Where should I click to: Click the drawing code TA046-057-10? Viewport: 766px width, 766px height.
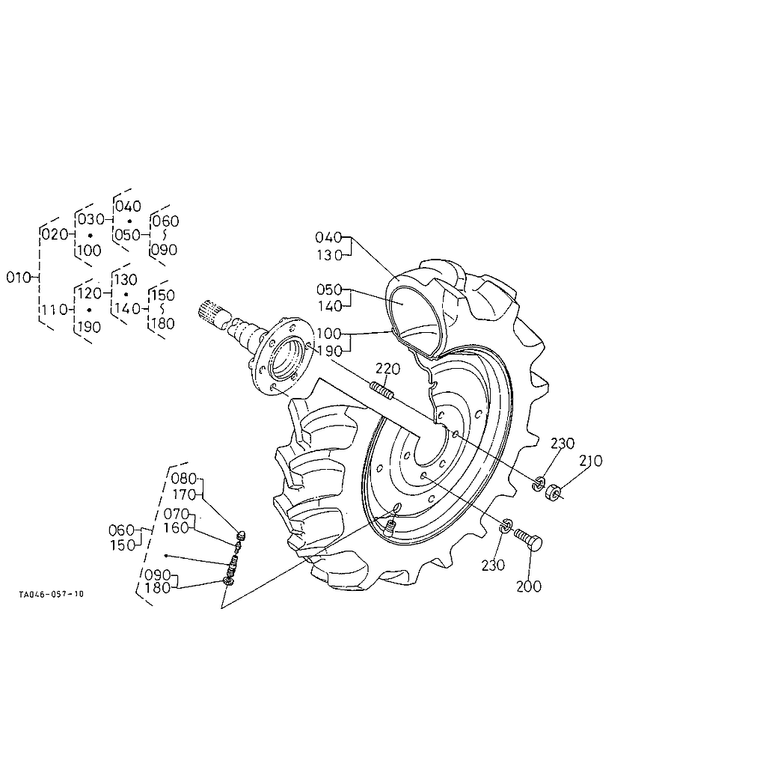pyautogui.click(x=52, y=594)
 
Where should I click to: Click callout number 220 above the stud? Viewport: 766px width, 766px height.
pyautogui.click(x=388, y=368)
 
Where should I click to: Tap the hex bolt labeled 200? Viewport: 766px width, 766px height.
pyautogui.click(x=529, y=539)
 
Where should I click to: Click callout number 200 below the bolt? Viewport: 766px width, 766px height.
pyautogui.click(x=529, y=586)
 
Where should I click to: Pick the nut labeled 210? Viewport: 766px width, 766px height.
pyautogui.click(x=553, y=491)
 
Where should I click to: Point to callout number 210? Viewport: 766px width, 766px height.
pyautogui.click(x=591, y=461)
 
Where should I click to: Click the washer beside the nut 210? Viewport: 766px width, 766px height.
pyautogui.click(x=538, y=484)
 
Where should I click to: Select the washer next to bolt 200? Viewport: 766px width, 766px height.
pyautogui.click(x=506, y=526)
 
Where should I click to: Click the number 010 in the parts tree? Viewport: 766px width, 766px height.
pyautogui.click(x=19, y=278)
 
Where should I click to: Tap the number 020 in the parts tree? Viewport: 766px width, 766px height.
pyautogui.click(x=54, y=234)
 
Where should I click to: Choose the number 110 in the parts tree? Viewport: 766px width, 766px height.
pyautogui.click(x=54, y=310)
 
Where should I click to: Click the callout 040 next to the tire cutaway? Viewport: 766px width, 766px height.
pyautogui.click(x=328, y=237)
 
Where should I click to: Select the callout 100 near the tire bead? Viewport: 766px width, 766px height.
pyautogui.click(x=329, y=334)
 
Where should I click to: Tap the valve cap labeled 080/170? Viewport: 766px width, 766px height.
pyautogui.click(x=242, y=535)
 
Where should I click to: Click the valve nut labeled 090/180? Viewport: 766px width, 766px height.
pyautogui.click(x=227, y=580)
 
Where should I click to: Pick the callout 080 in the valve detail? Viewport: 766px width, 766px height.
pyautogui.click(x=184, y=478)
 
